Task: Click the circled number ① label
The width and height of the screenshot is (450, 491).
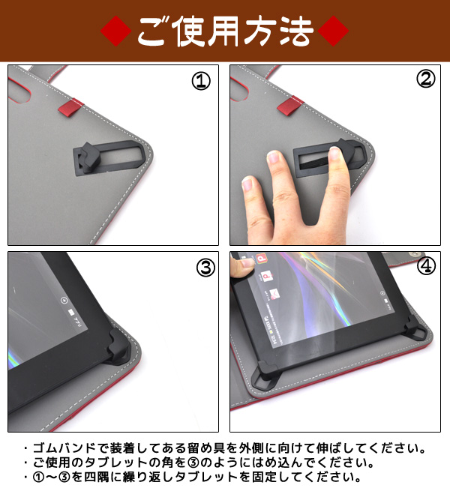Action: click(x=201, y=81)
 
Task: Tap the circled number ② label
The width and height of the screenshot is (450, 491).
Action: click(x=425, y=79)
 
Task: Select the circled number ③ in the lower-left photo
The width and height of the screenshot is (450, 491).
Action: click(x=205, y=268)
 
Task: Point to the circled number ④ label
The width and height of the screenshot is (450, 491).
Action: click(x=426, y=265)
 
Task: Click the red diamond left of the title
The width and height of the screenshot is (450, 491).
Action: click(x=115, y=31)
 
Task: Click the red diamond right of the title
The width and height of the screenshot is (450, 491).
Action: click(x=333, y=31)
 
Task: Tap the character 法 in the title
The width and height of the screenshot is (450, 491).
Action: click(x=296, y=31)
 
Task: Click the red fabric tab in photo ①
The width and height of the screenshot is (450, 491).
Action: click(x=71, y=107)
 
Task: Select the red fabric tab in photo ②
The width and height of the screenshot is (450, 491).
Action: click(x=290, y=105)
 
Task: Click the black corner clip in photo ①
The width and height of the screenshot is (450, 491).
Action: click(x=109, y=157)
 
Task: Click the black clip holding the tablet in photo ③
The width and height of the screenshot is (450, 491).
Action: click(x=118, y=346)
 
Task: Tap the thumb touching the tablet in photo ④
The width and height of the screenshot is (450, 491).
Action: click(x=242, y=266)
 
